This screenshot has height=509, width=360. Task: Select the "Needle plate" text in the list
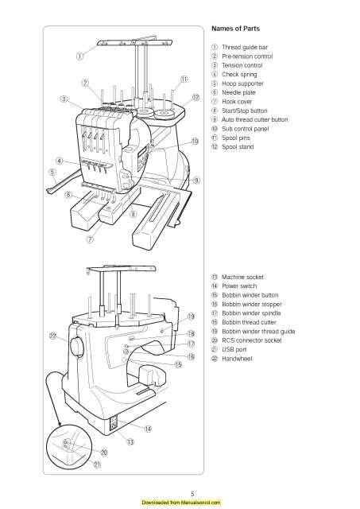(242, 92)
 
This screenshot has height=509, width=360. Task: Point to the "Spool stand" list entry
(242, 147)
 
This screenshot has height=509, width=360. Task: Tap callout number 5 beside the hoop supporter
(52, 171)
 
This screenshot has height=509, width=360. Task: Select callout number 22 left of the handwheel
(52, 336)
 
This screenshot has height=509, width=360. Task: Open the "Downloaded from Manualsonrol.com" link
(180, 503)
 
